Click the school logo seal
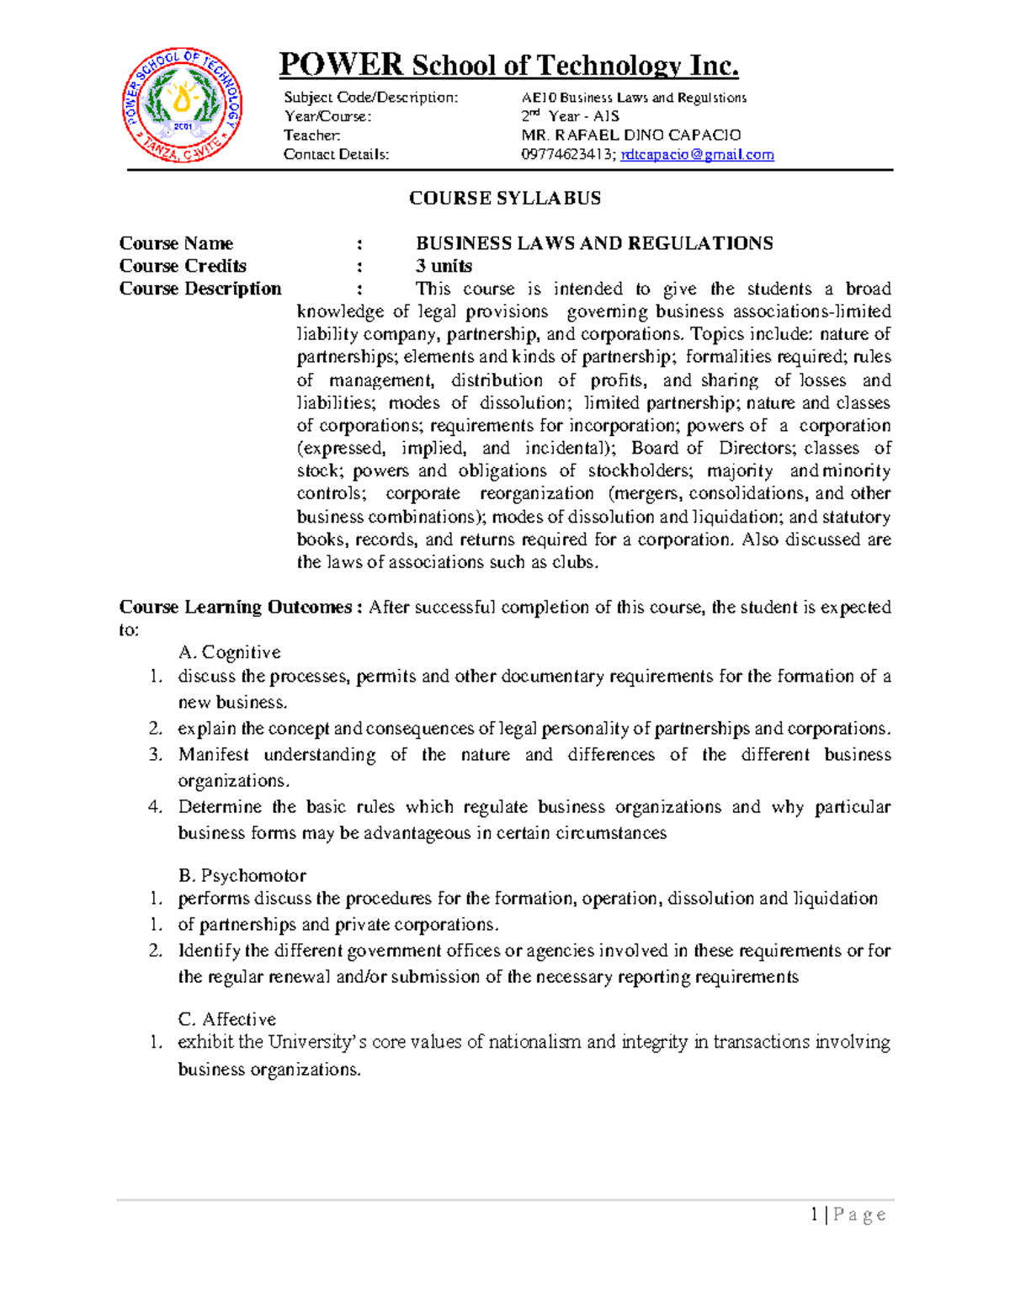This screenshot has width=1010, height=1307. [x=183, y=105]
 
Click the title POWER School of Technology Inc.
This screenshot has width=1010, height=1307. [x=508, y=65]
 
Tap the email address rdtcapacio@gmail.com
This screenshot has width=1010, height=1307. [x=697, y=155]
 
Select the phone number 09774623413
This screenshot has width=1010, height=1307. [x=568, y=155]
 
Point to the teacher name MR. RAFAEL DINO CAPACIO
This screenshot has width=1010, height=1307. [x=630, y=135]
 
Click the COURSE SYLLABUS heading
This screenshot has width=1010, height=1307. [x=504, y=199]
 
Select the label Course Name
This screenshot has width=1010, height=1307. [x=176, y=243]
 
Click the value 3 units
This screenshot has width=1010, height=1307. [x=444, y=266]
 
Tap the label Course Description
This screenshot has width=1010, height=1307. [x=200, y=289]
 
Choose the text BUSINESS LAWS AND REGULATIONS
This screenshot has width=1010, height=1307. [x=594, y=243]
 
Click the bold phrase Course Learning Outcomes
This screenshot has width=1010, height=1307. [x=236, y=607]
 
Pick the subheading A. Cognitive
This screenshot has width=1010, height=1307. [x=230, y=652]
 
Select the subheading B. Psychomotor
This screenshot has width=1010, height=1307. [x=242, y=875]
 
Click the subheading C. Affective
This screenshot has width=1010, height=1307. [x=227, y=1019]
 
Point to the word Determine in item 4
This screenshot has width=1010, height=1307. [x=219, y=807]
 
